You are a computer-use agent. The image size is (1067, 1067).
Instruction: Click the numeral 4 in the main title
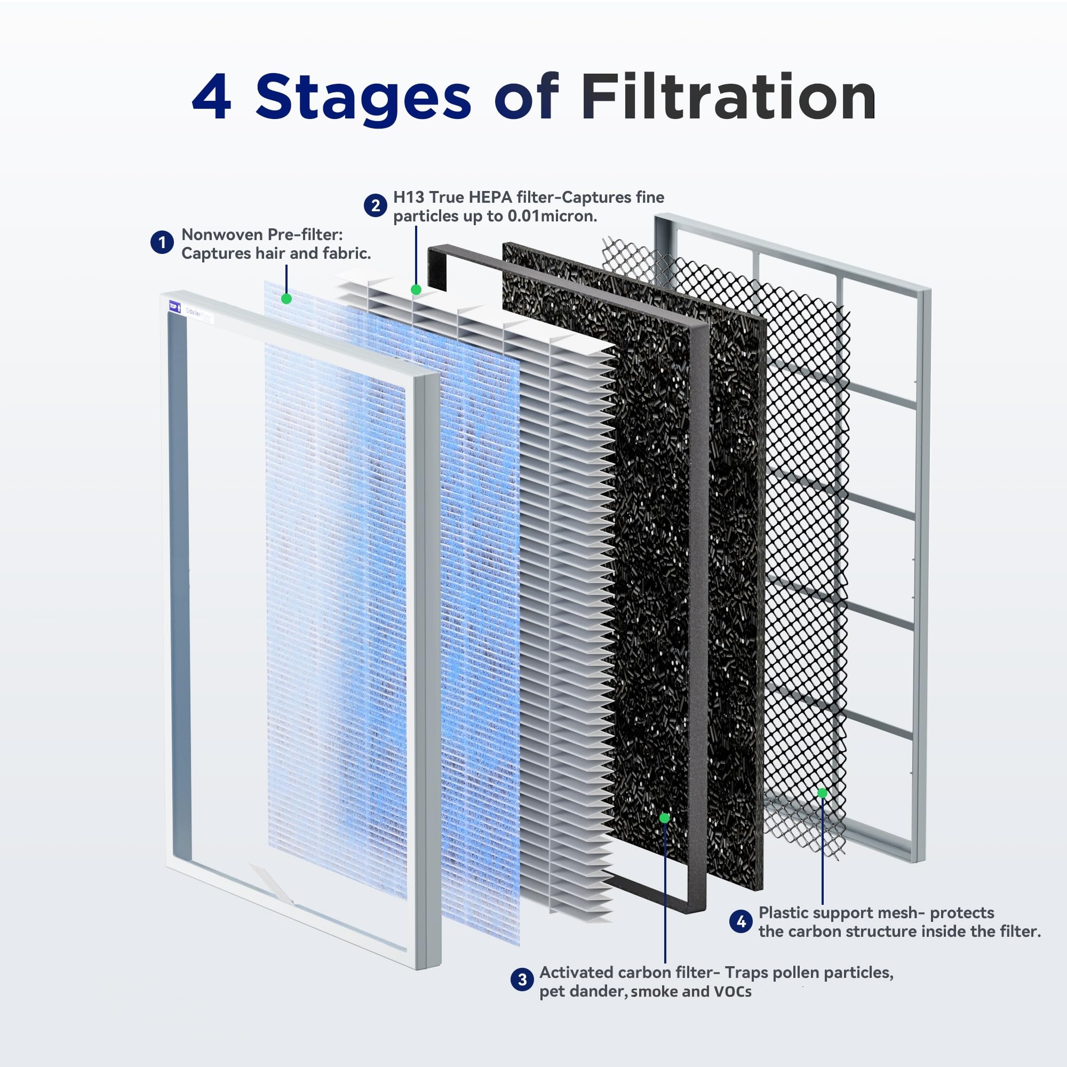211,98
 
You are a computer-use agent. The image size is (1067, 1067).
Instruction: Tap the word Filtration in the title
728,98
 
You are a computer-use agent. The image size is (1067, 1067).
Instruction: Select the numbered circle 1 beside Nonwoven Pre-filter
162,243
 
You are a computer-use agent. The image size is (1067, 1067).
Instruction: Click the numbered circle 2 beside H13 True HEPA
375,206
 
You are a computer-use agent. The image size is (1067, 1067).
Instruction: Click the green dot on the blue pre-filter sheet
286,299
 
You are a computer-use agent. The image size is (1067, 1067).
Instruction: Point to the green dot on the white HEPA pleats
416,289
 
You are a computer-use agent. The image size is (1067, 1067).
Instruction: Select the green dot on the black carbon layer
664,818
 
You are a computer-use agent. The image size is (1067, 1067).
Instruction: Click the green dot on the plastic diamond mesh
822,793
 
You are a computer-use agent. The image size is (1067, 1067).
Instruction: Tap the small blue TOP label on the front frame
174,307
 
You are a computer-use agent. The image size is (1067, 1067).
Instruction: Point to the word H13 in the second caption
409,197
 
